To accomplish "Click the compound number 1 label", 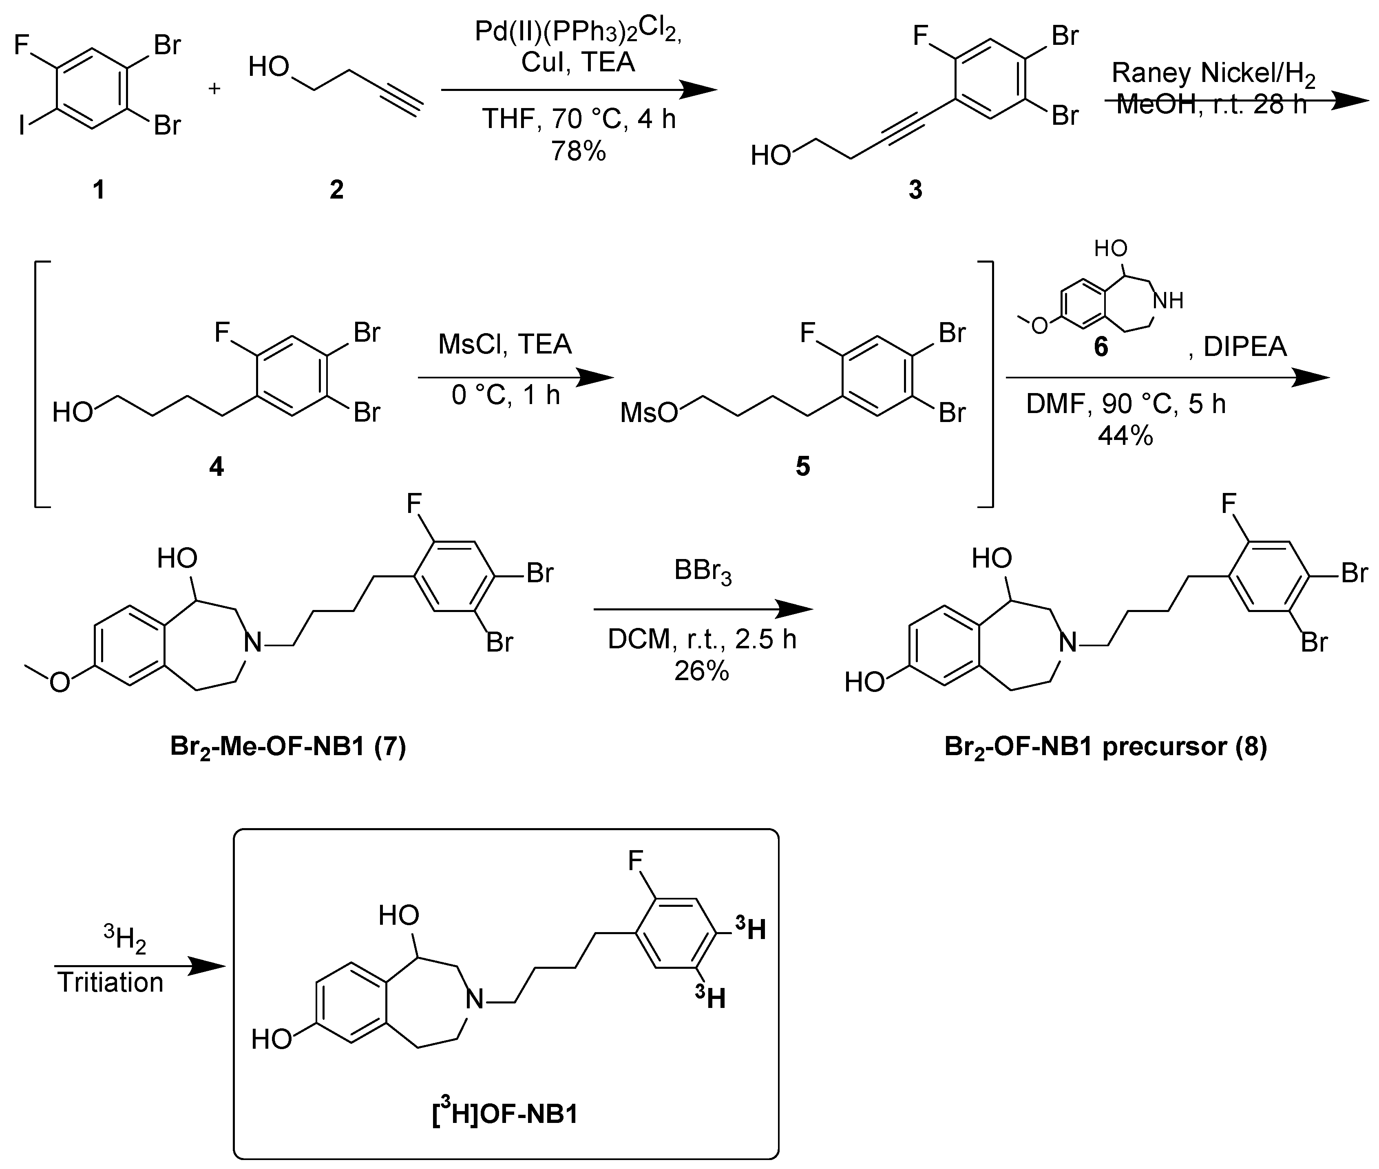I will click(98, 190).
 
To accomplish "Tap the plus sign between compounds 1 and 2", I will click(214, 88).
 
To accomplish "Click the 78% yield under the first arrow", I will click(578, 151).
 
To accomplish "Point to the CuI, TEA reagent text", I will click(578, 62).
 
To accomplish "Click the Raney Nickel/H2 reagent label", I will click(1213, 73).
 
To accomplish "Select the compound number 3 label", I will click(915, 190).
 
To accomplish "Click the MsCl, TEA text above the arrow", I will click(505, 344).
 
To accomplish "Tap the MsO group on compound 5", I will click(648, 413).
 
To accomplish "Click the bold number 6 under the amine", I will click(1101, 347).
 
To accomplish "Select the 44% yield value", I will click(1125, 435).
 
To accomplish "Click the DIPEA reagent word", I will click(1244, 347).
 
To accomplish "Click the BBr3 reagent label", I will click(703, 571).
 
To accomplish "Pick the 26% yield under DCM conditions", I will click(702, 671).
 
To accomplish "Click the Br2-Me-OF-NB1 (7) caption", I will click(288, 747).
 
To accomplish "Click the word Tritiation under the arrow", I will click(110, 982).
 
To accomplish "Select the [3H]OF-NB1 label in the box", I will click(505, 1113).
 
